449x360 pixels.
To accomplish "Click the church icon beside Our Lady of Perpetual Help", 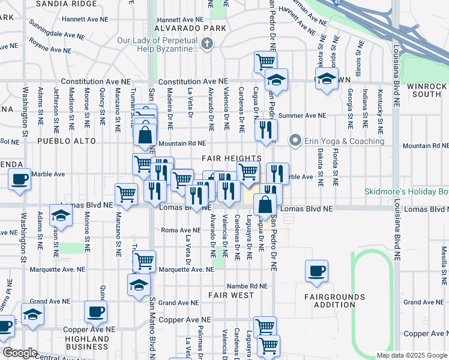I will (x=207, y=43).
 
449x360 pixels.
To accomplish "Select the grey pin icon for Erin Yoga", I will (x=295, y=141).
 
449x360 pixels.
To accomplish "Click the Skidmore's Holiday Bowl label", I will (x=406, y=192).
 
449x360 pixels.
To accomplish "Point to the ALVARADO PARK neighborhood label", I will (x=190, y=28).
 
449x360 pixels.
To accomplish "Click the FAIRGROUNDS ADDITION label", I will (x=334, y=301).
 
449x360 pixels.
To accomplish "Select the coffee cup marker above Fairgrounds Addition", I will (x=317, y=271).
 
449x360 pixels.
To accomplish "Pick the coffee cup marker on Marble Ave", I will (x=20, y=179).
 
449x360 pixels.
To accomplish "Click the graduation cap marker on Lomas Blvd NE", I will (x=61, y=214).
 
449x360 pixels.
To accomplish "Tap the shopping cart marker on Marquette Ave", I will (x=144, y=260).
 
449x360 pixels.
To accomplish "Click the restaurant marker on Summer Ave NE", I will (x=265, y=129).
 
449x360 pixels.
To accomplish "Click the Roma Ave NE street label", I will (x=181, y=230).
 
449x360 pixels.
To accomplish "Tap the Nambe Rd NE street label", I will (x=246, y=286).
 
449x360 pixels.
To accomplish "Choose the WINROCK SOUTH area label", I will (x=427, y=90).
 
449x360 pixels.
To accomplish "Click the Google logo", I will (x=19, y=353).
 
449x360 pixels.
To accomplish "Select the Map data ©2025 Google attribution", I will (x=411, y=355).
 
